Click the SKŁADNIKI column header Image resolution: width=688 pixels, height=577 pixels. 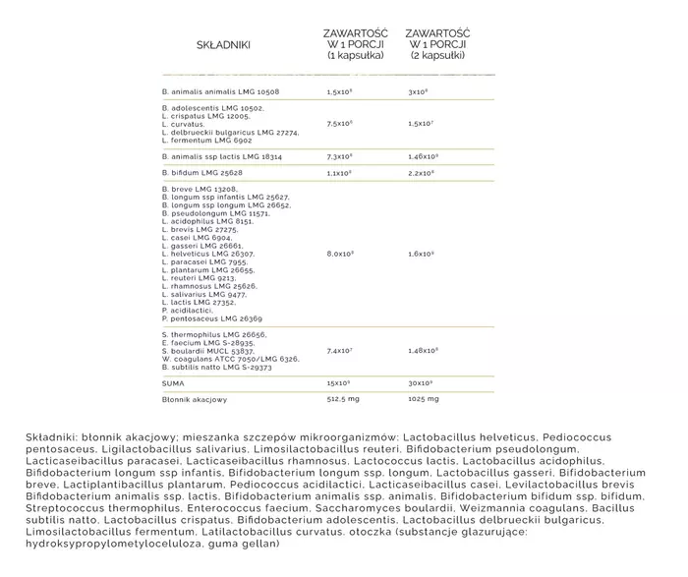click(223, 45)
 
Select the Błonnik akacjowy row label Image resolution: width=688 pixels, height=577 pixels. click(194, 399)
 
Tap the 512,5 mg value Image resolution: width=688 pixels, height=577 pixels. click(344, 399)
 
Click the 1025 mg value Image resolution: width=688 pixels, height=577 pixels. click(422, 399)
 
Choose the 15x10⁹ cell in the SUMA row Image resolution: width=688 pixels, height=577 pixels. click(340, 382)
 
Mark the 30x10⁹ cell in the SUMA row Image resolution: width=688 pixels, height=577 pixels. click(421, 382)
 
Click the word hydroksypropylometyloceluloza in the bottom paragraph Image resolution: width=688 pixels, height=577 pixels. click(111, 544)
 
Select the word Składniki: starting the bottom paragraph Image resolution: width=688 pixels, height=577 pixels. click(54, 436)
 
